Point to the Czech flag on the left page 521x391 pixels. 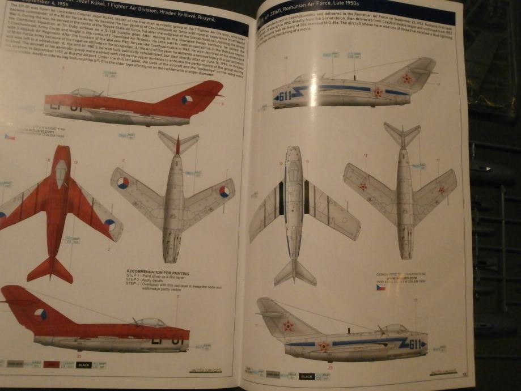10,137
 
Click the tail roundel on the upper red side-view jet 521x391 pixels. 187,100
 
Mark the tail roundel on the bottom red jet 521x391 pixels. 40,314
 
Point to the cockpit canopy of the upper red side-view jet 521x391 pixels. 86,92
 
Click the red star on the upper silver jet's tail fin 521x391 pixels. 406,79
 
